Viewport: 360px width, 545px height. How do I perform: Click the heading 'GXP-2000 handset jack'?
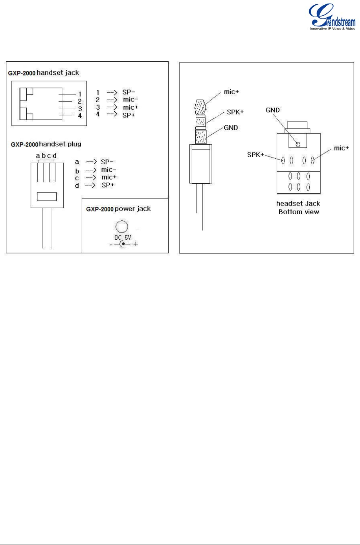44,73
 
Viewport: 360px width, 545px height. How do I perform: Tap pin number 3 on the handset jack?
79,108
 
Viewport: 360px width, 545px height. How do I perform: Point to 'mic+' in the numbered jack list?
130,107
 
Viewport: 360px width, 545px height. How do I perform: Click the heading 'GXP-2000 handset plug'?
46,144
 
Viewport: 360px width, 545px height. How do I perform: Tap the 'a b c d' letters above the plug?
46,156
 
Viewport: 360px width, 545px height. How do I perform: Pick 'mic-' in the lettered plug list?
108,170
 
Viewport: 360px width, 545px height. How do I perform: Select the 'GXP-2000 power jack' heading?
118,209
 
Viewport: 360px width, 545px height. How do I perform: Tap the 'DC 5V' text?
123,238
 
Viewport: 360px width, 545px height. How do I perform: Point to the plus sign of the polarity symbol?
136,244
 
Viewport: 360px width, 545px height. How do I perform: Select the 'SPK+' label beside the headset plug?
235,112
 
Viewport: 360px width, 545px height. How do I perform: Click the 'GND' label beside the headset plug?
231,128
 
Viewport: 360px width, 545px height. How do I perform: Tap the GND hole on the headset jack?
298,144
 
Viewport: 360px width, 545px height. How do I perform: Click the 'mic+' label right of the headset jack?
342,148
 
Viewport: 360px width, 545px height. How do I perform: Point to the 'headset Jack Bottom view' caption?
298,207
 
